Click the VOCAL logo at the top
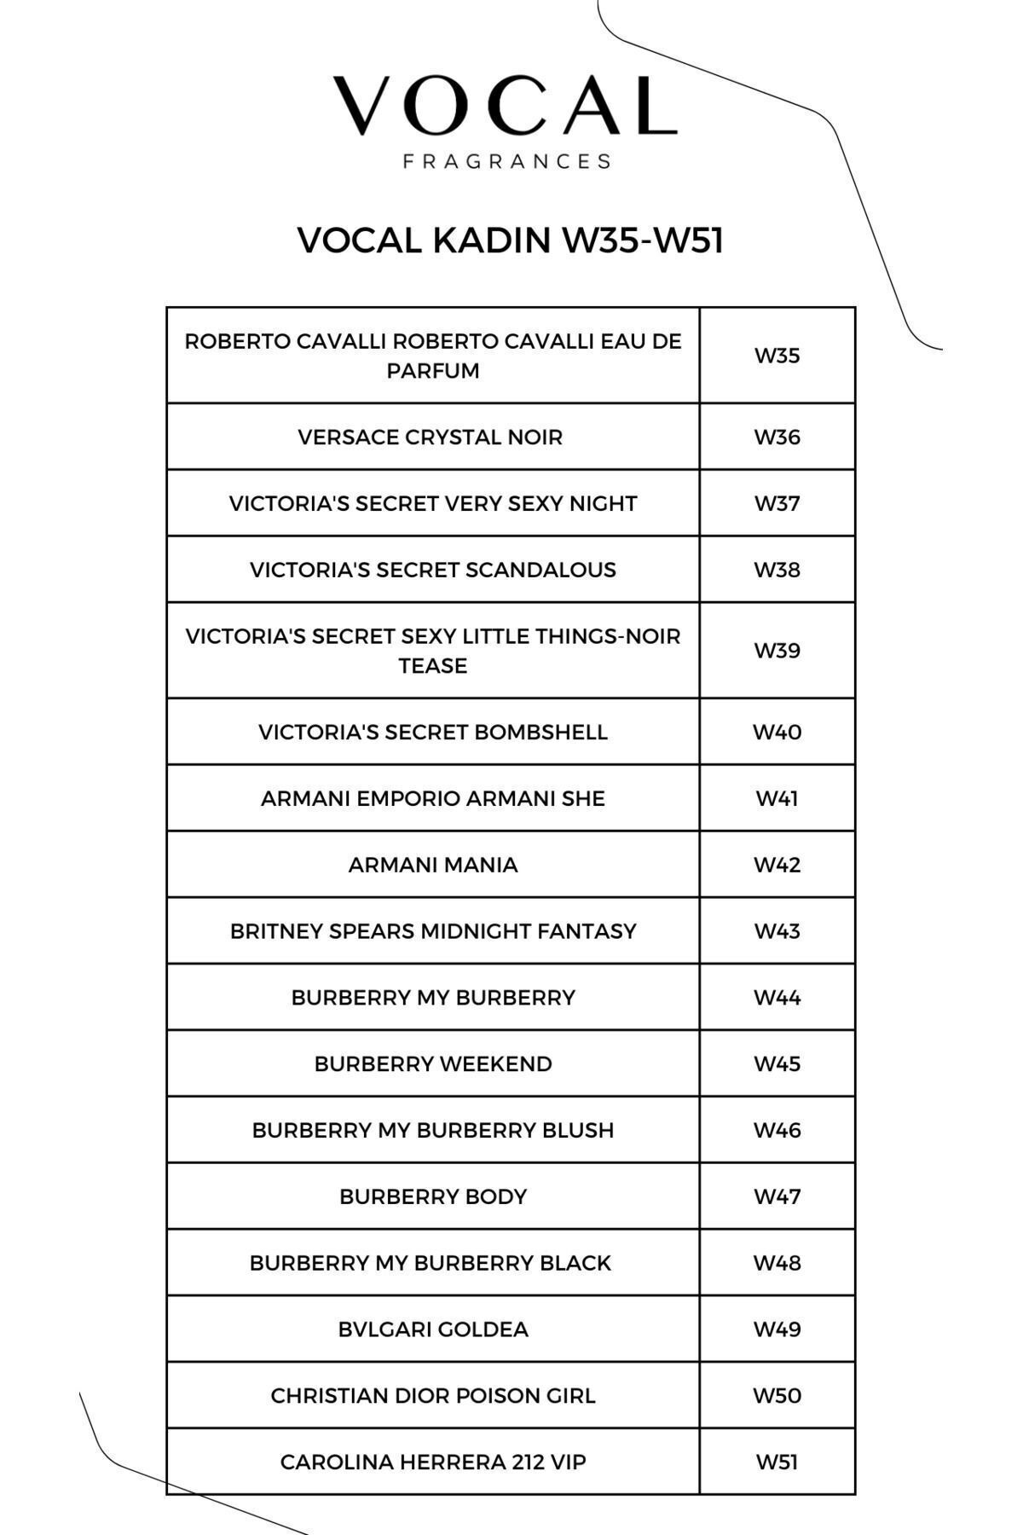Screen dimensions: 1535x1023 click(505, 106)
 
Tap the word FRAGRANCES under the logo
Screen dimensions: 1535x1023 click(507, 161)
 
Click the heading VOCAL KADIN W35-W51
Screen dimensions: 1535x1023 click(510, 240)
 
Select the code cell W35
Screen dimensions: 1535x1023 click(777, 356)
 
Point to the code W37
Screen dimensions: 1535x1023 click(777, 503)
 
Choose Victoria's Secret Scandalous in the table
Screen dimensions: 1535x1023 click(433, 570)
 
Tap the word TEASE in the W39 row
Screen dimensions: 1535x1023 click(433, 666)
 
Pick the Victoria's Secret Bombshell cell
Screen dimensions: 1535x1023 click(433, 733)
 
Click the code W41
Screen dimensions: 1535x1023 click(777, 799)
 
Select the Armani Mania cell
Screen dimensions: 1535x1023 click(433, 865)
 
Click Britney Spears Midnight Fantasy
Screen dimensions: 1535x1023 click(433, 931)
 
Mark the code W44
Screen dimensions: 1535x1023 click(777, 998)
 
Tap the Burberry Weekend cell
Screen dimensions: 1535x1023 click(433, 1064)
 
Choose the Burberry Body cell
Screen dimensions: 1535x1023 click(433, 1196)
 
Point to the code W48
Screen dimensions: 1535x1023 click(777, 1263)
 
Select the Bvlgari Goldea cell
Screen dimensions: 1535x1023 click(433, 1329)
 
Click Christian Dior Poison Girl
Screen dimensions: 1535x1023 click(433, 1396)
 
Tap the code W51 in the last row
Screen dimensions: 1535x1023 click(777, 1463)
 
